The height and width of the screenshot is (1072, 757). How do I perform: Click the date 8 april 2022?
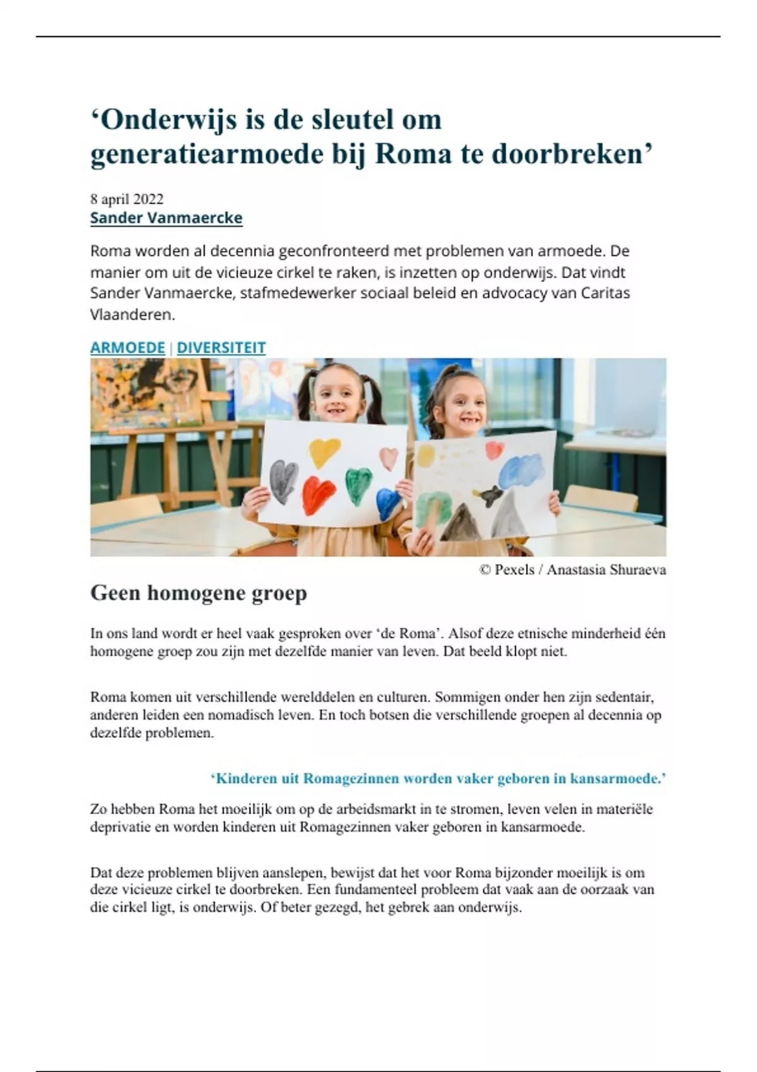[127, 199]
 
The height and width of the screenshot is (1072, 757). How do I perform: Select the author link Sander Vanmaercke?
[166, 218]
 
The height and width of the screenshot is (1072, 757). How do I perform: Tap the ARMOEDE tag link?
[127, 347]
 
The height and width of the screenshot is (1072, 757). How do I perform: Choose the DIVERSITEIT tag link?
[221, 347]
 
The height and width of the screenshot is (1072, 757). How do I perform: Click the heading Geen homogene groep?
[199, 593]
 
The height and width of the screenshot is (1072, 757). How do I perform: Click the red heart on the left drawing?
[319, 495]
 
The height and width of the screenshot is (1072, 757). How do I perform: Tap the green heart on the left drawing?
[358, 484]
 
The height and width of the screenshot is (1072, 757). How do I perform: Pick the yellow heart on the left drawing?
[324, 452]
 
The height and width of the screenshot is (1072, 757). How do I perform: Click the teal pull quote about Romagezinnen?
[438, 779]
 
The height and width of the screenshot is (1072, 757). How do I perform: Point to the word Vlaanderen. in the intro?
[132, 315]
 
